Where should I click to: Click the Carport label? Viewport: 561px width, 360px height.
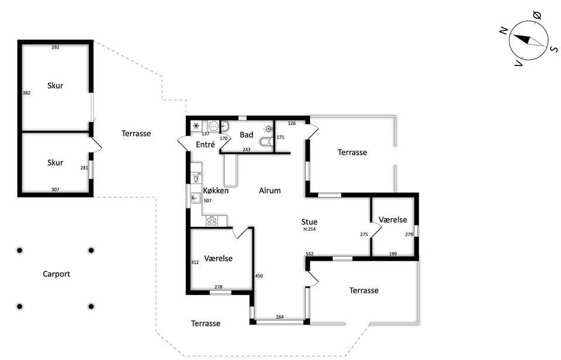(56, 274)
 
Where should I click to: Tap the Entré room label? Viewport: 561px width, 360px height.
(205, 144)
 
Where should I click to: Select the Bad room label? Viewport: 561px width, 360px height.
(247, 135)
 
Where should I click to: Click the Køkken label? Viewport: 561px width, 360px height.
(216, 191)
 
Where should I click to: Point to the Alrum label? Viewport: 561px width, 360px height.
(270, 191)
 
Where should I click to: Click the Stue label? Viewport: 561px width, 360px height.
(310, 222)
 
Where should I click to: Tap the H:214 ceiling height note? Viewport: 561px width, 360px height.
(310, 230)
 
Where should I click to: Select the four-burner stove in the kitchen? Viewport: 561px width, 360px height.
(212, 221)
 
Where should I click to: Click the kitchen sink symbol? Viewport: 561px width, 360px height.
(196, 198)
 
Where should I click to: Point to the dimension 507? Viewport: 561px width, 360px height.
(207, 201)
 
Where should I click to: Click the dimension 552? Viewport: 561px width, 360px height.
(310, 254)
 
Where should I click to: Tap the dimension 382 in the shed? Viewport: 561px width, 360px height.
(26, 93)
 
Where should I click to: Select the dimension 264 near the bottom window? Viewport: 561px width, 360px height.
(280, 317)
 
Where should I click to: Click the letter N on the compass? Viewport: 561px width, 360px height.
(504, 31)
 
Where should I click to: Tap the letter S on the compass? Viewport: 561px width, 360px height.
(554, 49)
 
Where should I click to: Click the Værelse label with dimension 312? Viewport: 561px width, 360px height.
(218, 258)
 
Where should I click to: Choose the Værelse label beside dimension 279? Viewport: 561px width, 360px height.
(393, 220)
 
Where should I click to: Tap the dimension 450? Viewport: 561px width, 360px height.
(259, 276)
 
